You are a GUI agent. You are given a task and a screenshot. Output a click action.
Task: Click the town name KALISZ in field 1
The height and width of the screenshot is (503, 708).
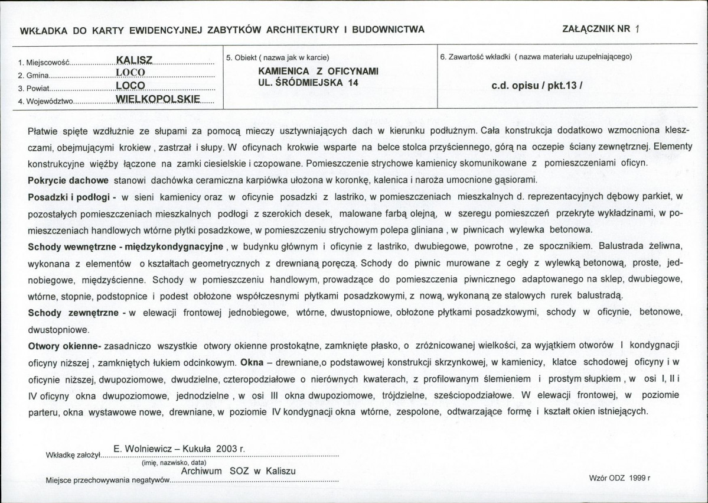click(135, 60)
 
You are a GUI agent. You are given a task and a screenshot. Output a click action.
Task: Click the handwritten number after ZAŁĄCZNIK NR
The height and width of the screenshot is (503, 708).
click(637, 29)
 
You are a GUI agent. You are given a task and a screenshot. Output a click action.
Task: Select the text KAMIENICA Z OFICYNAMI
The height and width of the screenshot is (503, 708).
click(311, 71)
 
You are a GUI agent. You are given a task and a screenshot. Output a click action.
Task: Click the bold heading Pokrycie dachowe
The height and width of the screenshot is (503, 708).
click(67, 180)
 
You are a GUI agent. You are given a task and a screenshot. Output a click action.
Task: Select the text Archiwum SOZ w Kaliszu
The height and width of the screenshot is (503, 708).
click(238, 472)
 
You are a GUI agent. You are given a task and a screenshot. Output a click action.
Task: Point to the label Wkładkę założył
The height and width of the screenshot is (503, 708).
click(74, 455)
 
